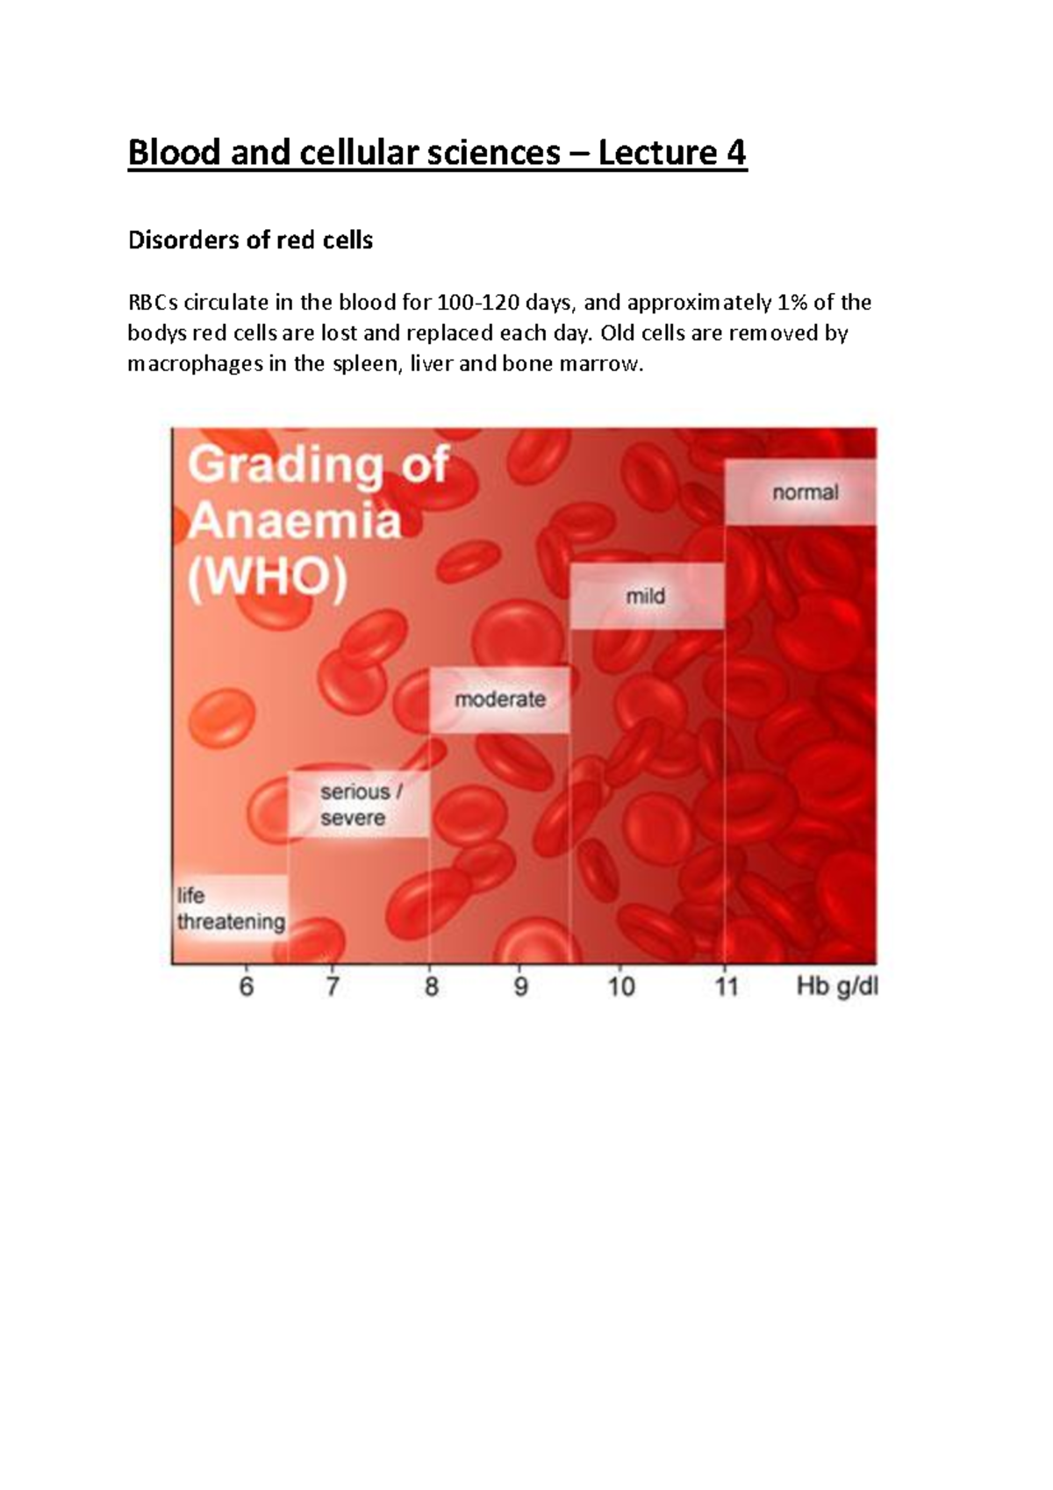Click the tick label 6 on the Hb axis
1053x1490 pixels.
pyautogui.click(x=247, y=987)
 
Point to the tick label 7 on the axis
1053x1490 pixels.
pyautogui.click(x=333, y=987)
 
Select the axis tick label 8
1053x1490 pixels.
pyautogui.click(x=431, y=987)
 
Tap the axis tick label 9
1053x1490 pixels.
pyautogui.click(x=521, y=987)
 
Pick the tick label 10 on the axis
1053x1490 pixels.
pyautogui.click(x=621, y=987)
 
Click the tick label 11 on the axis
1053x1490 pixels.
pyautogui.click(x=726, y=987)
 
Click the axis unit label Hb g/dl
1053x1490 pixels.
pyautogui.click(x=837, y=987)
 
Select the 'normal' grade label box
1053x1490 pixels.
pyautogui.click(x=805, y=492)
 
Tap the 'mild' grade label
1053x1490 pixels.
pyautogui.click(x=645, y=597)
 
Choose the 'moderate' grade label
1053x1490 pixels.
pyautogui.click(x=500, y=699)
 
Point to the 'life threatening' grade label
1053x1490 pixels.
pyautogui.click(x=231, y=909)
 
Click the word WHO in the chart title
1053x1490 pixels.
pyautogui.click(x=268, y=579)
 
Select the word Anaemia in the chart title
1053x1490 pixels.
pyautogui.click(x=295, y=521)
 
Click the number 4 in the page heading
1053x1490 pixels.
pyautogui.click(x=735, y=153)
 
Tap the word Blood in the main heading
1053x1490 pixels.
pyautogui.click(x=174, y=153)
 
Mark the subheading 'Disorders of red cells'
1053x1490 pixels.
pyautogui.click(x=250, y=240)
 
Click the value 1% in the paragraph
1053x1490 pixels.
pyautogui.click(x=792, y=303)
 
